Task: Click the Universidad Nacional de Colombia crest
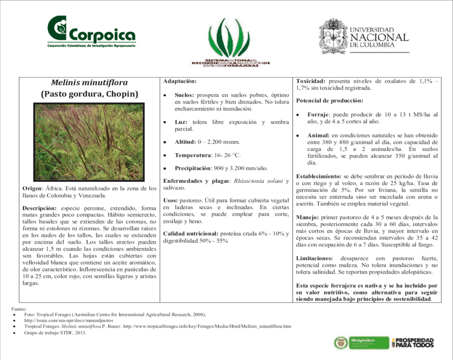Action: pyautogui.click(x=333, y=36)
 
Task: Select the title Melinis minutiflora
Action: pyautogui.click(x=89, y=83)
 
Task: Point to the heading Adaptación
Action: pyautogui.click(x=180, y=81)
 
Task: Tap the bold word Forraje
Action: pyautogui.click(x=319, y=114)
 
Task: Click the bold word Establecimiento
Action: pyautogui.click(x=318, y=176)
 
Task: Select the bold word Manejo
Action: pyautogui.click(x=308, y=217)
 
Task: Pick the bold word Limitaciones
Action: pyautogui.click(x=314, y=258)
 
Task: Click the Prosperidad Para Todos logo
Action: pyautogui.click(x=412, y=343)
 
